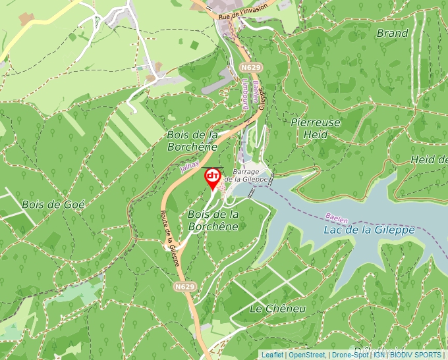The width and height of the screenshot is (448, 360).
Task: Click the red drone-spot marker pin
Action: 213,177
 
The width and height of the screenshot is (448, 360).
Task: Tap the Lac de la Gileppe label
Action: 369,230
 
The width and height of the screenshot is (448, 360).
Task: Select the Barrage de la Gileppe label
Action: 246,174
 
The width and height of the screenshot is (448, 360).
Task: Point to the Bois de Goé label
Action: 53,204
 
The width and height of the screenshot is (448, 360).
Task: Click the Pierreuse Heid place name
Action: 316,128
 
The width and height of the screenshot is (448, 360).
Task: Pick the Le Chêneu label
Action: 278,309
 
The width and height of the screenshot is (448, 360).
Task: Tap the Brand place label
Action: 392,33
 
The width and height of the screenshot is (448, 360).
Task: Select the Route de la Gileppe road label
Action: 171,238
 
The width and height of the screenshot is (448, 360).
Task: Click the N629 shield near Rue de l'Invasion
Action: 250,68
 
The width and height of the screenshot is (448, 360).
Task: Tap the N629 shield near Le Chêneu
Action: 184,287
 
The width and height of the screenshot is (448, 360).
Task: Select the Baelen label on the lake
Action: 336,217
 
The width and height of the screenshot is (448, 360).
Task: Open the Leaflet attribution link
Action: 272,355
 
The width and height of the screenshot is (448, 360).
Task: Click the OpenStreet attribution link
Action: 306,355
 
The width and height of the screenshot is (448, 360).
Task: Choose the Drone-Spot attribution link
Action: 350,355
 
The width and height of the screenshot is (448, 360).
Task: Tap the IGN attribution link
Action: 379,355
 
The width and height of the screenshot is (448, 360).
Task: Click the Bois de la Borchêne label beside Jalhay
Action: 192,140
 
